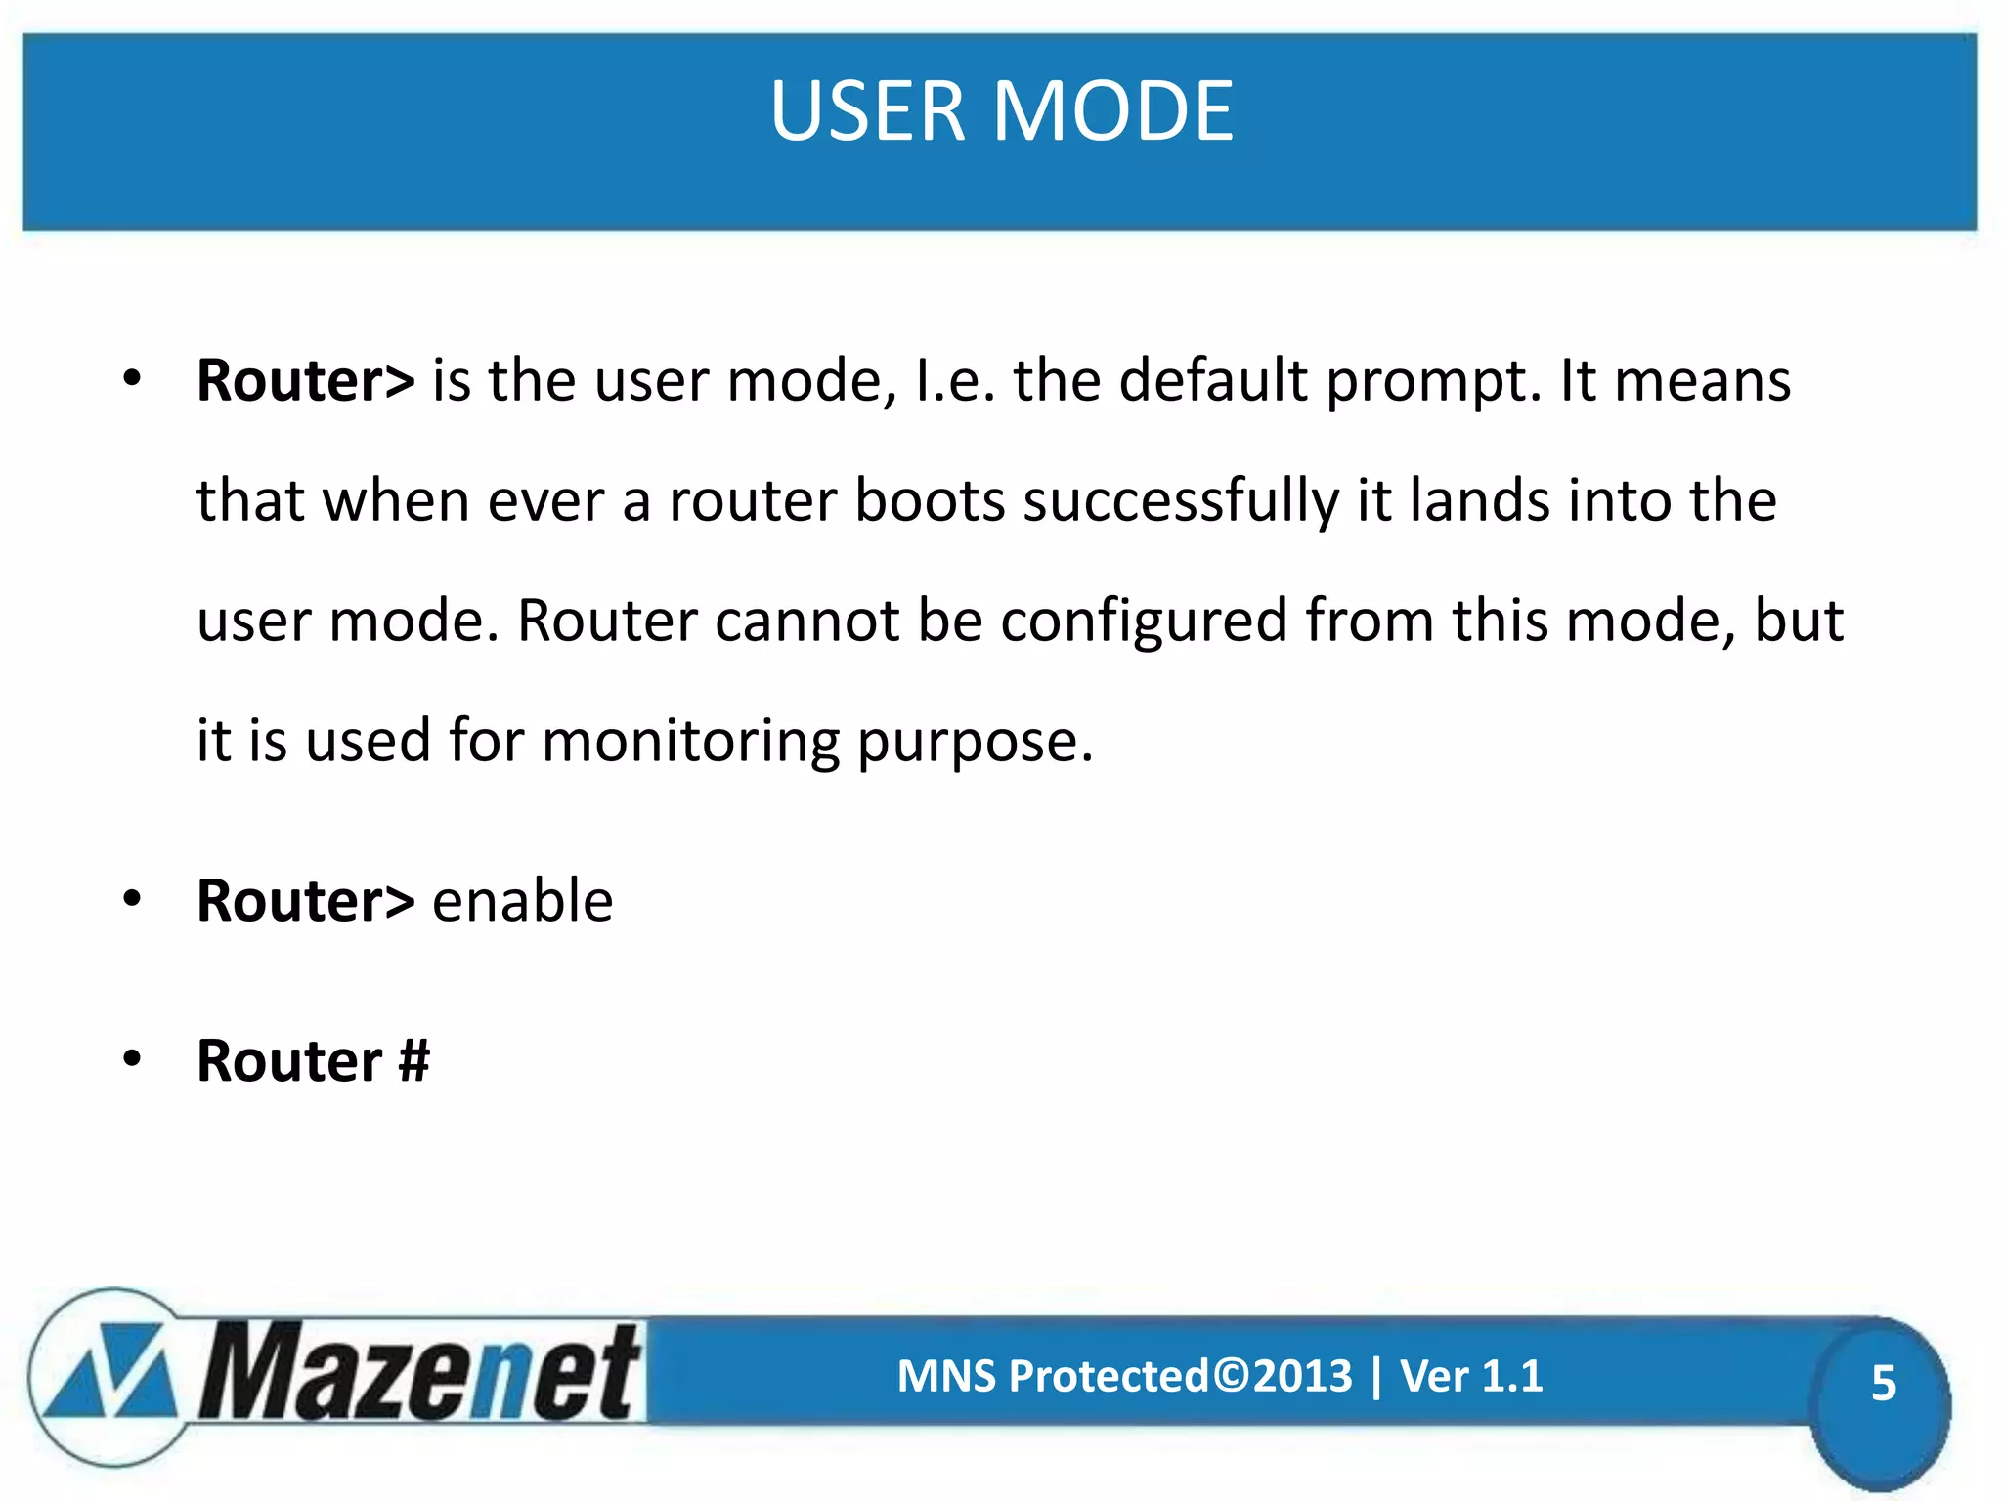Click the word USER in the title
pos(868,111)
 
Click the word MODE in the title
pos(1114,111)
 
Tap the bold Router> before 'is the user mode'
pos(305,380)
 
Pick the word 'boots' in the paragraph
pos(930,501)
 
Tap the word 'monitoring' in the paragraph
pos(690,742)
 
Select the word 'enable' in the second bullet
pos(522,900)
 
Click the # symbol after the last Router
pos(413,1061)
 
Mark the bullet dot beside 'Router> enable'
pos(132,898)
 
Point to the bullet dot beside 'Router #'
pos(132,1058)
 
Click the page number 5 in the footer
pos(1883,1384)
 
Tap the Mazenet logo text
pos(420,1373)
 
